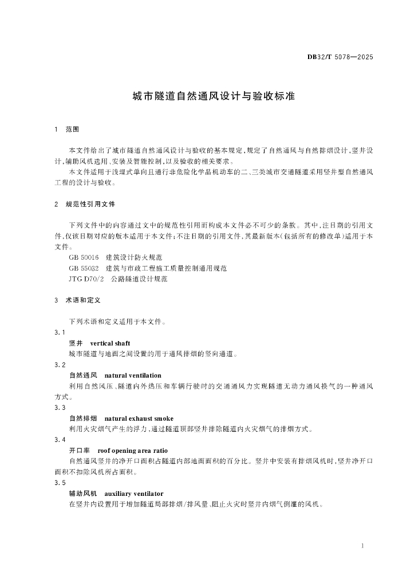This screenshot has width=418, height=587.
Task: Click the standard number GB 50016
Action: coord(84,258)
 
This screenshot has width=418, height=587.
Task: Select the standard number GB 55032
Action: coord(84,268)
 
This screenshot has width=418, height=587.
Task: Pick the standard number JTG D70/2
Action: coord(85,279)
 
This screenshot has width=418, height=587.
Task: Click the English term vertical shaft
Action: coord(111,343)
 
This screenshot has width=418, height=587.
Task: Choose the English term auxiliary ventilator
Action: coord(134,494)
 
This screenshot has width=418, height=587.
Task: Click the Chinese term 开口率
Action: coord(79,451)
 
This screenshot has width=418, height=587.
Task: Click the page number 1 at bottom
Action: coord(363,546)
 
